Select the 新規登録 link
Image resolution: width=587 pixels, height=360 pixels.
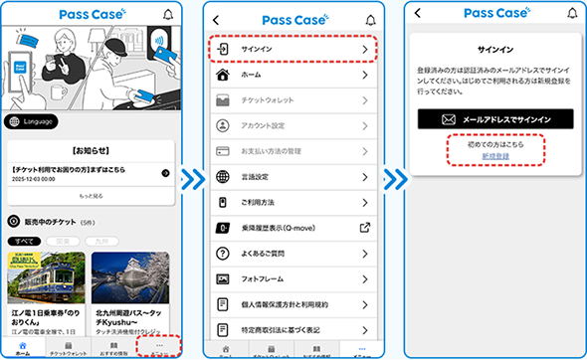pyautogui.click(x=496, y=157)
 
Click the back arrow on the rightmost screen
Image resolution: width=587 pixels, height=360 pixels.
pyautogui.click(x=418, y=13)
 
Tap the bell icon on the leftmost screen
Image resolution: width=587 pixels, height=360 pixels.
pyautogui.click(x=167, y=15)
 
